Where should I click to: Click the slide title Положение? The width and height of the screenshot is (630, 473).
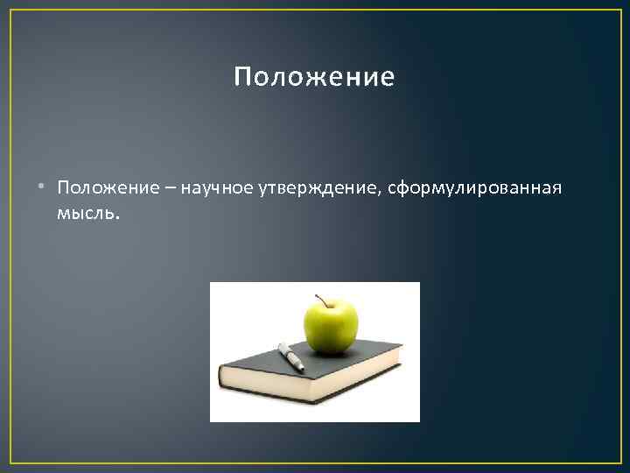(314, 79)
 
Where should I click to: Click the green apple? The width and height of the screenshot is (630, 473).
(331, 327)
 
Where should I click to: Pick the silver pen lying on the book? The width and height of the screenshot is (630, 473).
(290, 356)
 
